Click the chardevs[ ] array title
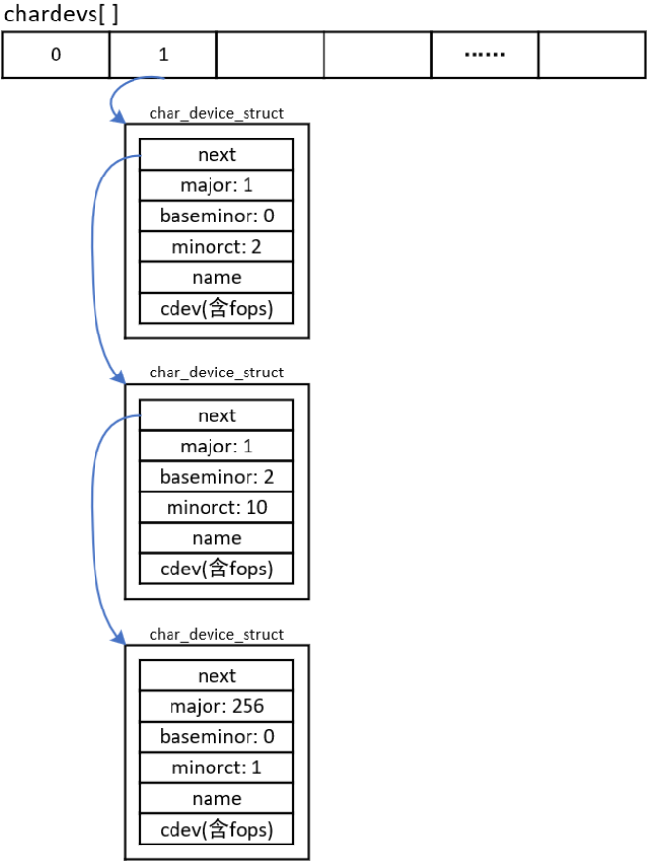63,15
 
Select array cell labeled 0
56,55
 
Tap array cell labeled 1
163,55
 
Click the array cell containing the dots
483,55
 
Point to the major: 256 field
216,706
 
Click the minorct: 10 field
216,507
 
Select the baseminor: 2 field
216,477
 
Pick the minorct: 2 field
216,247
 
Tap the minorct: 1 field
216,767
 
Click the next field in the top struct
216,154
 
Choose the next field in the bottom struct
216,676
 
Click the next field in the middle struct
216,415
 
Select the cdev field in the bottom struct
216,829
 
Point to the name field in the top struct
216,278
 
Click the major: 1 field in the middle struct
216,447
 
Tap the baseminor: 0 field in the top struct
216,216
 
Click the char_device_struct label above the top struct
216,113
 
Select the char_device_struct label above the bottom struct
216,634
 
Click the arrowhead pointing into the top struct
119,118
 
